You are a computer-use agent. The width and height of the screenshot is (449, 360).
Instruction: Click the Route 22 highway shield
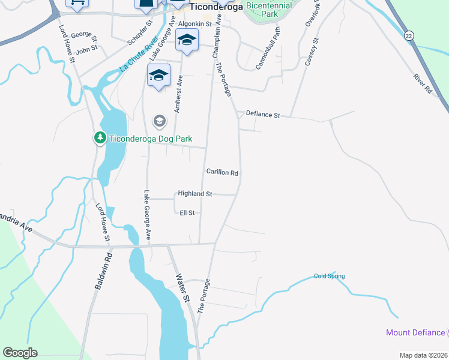click(x=409, y=35)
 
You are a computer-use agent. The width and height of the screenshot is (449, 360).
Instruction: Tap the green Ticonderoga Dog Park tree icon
click(x=100, y=139)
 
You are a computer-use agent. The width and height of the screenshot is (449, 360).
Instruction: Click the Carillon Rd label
click(x=223, y=172)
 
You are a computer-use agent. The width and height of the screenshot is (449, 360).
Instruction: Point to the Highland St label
click(x=195, y=194)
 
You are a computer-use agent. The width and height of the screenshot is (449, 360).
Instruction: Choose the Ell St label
click(x=187, y=212)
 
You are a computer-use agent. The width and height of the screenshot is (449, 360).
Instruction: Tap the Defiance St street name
click(x=264, y=114)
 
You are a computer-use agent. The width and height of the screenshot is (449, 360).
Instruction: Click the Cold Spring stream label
click(x=330, y=276)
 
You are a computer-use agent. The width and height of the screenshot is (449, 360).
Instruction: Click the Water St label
click(x=182, y=288)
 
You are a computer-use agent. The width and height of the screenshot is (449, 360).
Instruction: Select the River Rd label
click(x=423, y=83)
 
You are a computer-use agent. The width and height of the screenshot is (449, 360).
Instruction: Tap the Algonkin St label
click(x=193, y=24)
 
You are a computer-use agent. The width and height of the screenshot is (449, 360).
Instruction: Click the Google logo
click(x=20, y=353)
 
